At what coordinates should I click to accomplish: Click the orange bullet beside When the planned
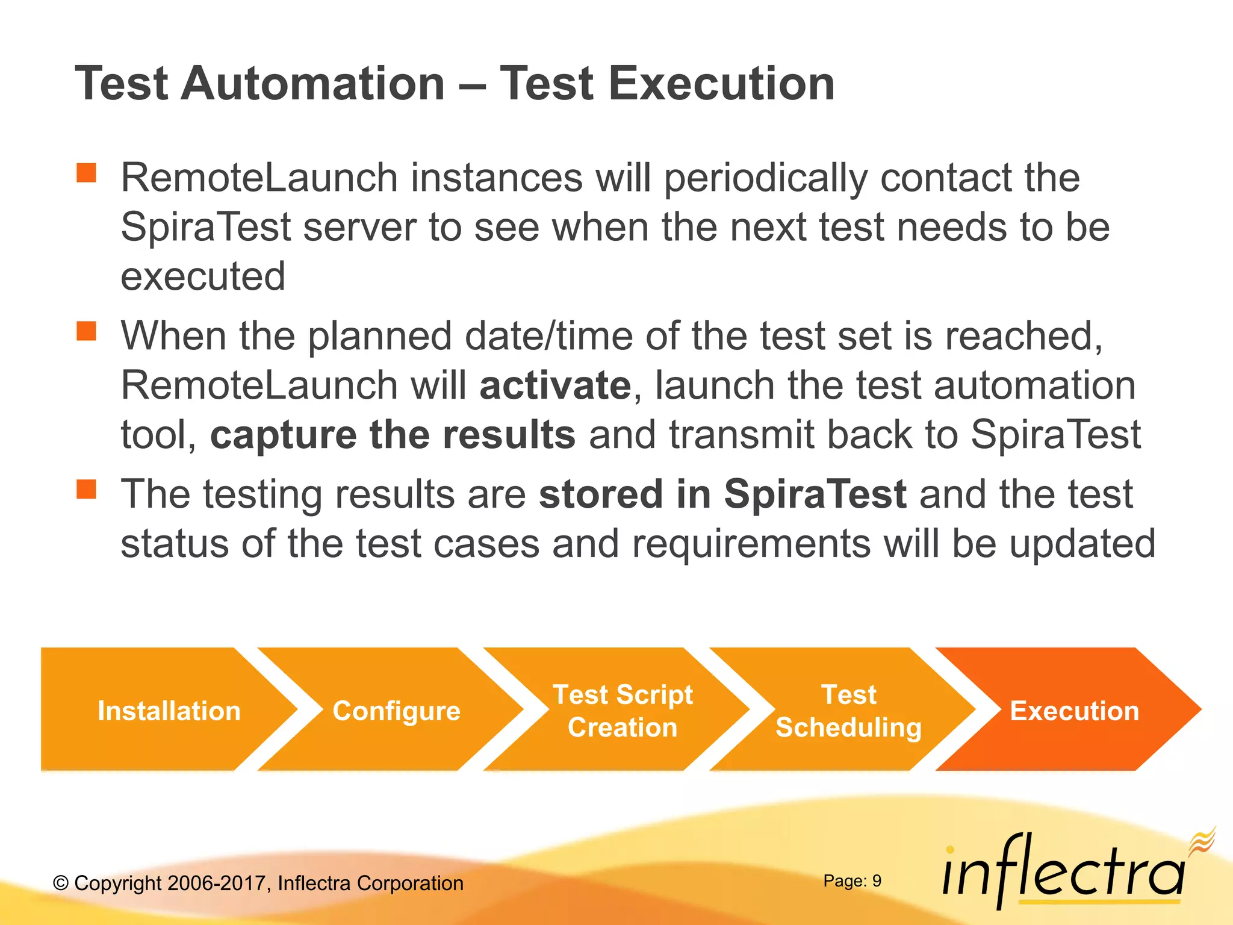click(87, 331)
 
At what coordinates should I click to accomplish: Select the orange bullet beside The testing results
click(87, 489)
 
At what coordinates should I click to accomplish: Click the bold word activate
click(555, 385)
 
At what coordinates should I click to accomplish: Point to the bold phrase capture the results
click(393, 435)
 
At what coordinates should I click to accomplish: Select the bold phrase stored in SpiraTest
click(722, 494)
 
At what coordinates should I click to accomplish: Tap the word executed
click(203, 277)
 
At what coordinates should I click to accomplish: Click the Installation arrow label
click(169, 711)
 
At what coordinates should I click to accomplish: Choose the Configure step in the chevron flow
click(396, 711)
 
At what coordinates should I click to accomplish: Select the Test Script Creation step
click(622, 711)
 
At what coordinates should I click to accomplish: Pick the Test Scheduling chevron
click(848, 711)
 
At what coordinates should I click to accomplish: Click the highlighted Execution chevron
click(1074, 711)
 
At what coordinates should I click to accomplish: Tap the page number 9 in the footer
click(877, 881)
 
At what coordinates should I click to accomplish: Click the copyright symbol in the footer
click(61, 883)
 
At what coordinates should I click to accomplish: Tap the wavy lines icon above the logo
click(1202, 840)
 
